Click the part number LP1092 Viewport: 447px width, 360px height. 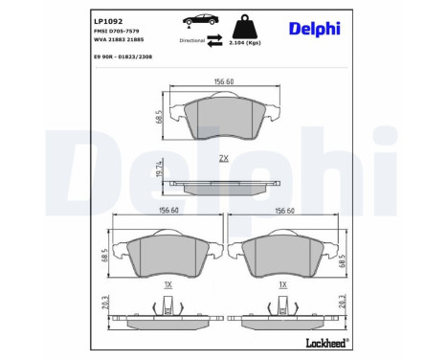click(x=108, y=21)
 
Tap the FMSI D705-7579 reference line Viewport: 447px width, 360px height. click(x=116, y=31)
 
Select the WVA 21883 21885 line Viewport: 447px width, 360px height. click(x=119, y=39)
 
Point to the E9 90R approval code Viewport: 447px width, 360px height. click(x=123, y=56)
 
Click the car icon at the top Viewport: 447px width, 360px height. click(x=199, y=20)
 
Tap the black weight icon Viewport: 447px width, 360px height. click(x=245, y=27)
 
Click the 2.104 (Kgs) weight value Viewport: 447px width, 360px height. click(x=245, y=43)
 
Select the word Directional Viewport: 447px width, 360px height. click(x=192, y=40)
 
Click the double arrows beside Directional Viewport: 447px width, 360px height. click(x=214, y=40)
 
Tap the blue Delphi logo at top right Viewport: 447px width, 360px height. click(x=315, y=29)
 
